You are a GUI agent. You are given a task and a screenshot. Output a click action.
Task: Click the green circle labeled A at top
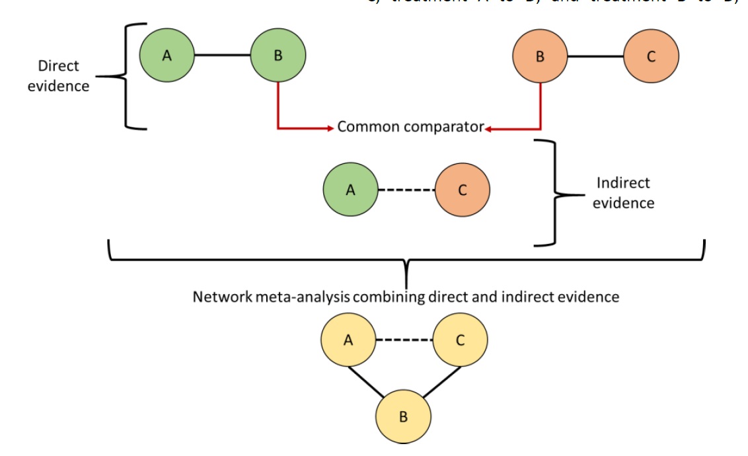click(167, 56)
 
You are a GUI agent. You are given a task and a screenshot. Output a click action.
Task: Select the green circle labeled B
click(278, 56)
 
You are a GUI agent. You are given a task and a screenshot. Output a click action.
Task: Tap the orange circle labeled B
click(540, 56)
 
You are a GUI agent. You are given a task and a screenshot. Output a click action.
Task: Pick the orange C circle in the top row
click(651, 56)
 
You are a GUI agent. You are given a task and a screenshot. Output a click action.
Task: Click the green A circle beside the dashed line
click(350, 190)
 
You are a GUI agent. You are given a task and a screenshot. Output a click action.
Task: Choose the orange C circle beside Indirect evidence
click(463, 190)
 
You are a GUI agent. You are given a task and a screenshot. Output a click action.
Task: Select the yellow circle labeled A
click(348, 340)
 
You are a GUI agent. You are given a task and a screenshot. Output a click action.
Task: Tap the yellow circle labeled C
click(460, 340)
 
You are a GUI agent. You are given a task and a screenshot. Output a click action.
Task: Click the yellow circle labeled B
click(403, 416)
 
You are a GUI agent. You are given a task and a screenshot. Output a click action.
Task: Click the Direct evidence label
click(58, 76)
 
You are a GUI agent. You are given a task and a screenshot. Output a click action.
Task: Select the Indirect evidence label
click(623, 193)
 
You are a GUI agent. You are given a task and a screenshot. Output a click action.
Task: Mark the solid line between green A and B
click(222, 56)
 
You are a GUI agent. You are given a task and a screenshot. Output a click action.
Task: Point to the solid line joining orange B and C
click(595, 56)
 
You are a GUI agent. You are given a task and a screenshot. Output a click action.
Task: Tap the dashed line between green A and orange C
click(406, 190)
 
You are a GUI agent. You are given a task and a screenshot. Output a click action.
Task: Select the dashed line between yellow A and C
click(404, 340)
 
